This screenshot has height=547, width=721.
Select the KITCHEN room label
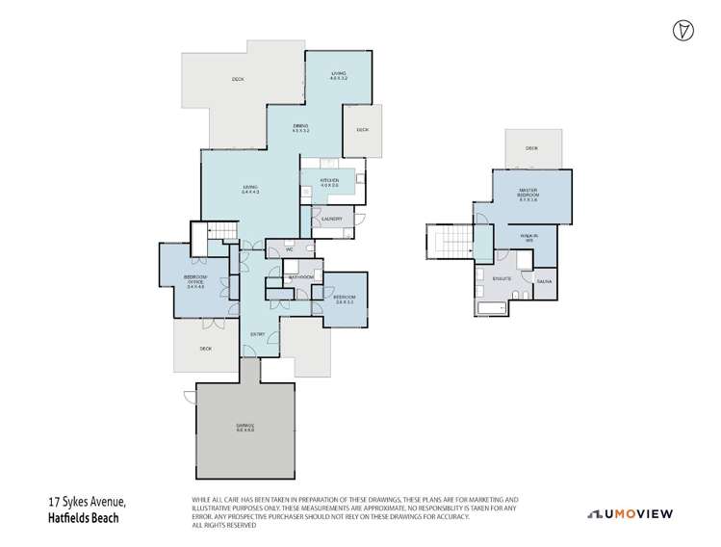(x=329, y=181)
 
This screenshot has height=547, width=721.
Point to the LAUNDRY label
(x=332, y=221)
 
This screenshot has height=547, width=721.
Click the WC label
(x=288, y=250)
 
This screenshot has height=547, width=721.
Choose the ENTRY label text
(x=258, y=334)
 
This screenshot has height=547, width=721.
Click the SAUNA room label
(x=544, y=280)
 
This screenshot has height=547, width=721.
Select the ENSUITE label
(x=502, y=279)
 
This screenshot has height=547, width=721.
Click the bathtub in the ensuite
(x=490, y=309)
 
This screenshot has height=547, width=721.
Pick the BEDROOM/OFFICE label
(x=195, y=281)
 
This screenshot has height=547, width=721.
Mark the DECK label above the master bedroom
(x=531, y=148)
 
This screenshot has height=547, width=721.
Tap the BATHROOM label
(x=300, y=277)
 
